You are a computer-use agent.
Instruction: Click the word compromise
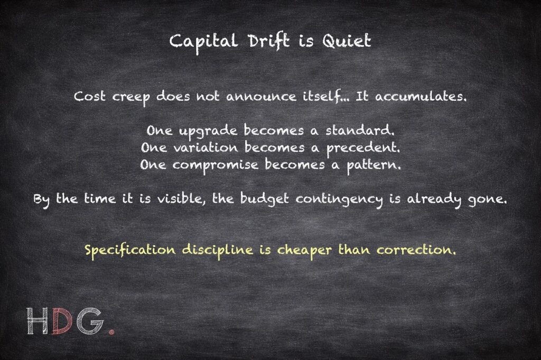pos(216,165)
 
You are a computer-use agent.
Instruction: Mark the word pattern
pos(370,165)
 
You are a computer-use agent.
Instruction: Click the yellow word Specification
pos(130,250)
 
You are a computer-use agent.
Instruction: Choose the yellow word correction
pos(415,250)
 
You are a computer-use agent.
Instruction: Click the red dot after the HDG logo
pos(111,332)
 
